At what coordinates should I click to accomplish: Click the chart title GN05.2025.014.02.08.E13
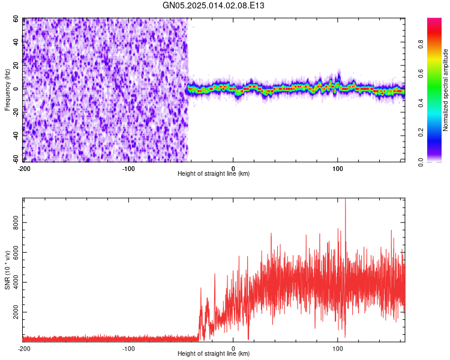pyautogui.click(x=214, y=5)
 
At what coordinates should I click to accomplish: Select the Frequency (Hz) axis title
pyautogui.click(x=7, y=90)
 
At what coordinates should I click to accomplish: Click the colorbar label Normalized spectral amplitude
pyautogui.click(x=446, y=90)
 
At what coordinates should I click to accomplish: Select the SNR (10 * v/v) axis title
pyautogui.click(x=7, y=269)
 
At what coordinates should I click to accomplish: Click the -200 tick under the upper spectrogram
pyautogui.click(x=24, y=169)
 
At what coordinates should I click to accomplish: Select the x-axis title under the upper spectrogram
pyautogui.click(x=214, y=174)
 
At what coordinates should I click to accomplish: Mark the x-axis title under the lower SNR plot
pyautogui.click(x=214, y=354)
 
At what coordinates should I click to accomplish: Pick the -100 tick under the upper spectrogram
pyautogui.click(x=128, y=169)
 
